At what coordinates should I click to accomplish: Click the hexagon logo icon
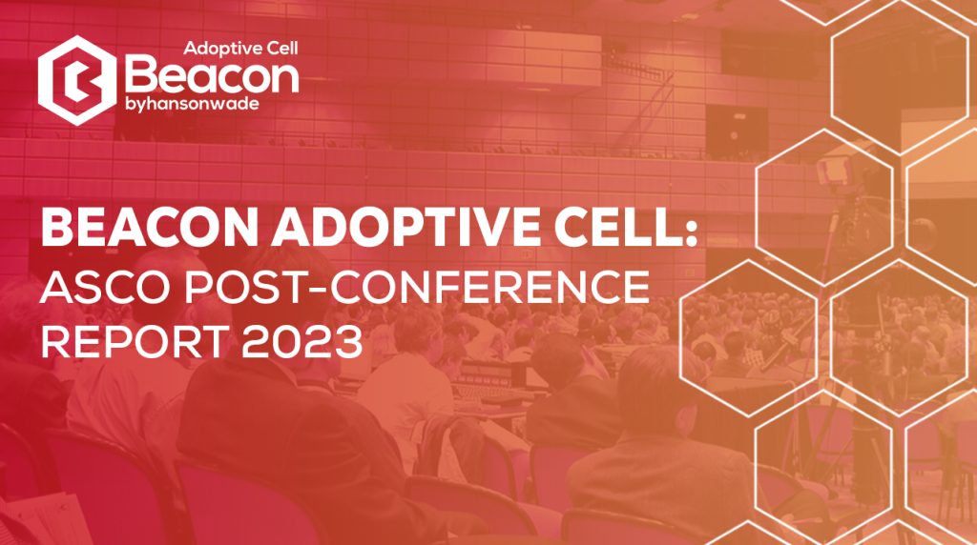point(77,80)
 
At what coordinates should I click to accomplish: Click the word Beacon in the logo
point(212,77)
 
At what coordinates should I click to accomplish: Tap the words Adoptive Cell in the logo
point(240,48)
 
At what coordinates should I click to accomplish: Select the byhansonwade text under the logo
point(192,104)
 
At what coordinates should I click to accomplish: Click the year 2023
point(302,341)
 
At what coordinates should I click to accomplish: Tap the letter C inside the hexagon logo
point(78,80)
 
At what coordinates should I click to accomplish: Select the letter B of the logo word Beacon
point(141,73)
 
